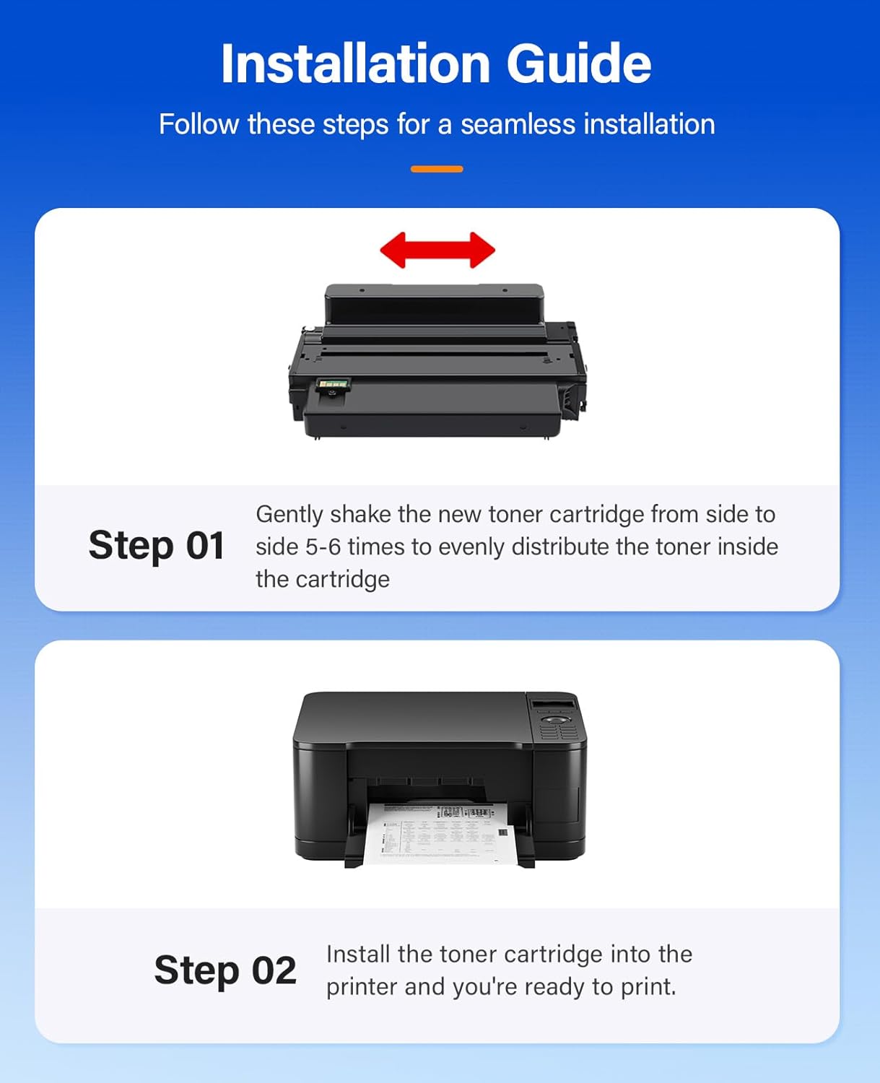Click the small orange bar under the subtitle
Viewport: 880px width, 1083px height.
coord(437,169)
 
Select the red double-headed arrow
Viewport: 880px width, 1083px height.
coord(437,250)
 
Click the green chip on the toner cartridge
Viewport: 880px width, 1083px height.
coord(333,386)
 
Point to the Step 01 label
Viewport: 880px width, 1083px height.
coord(156,545)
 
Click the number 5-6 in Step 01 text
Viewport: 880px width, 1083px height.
coord(323,547)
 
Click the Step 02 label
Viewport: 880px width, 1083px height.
coord(225,970)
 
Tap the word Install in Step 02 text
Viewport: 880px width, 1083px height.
coord(358,954)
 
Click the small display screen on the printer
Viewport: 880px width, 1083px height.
coord(553,704)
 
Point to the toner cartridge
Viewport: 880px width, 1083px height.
coord(437,361)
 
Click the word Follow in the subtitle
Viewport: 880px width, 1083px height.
coord(199,124)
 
